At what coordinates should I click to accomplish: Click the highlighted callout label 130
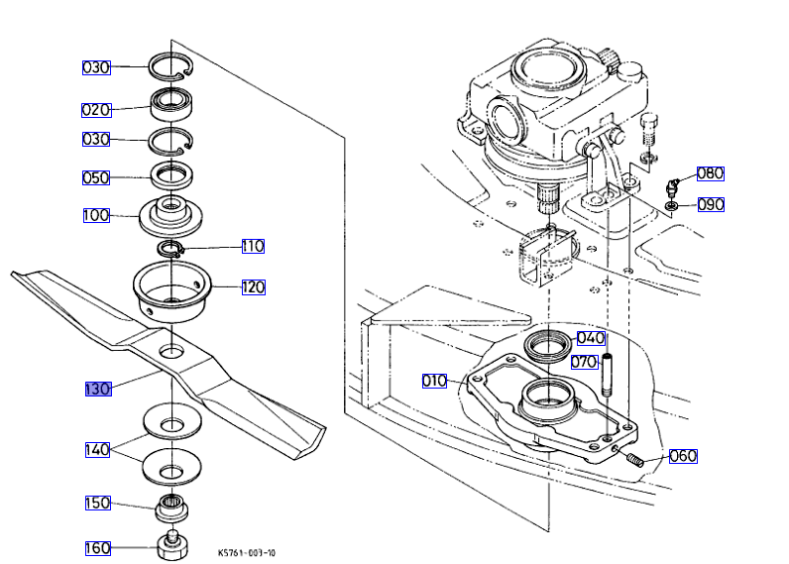coord(98,389)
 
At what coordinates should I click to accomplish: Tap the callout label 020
coord(96,110)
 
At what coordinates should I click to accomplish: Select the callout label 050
coord(96,177)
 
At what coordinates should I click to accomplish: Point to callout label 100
coord(96,215)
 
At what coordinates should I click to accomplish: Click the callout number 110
coord(253,246)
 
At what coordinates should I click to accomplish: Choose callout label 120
coord(253,287)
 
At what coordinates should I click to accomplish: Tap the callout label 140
coord(97,450)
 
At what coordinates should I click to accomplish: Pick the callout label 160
coord(97,548)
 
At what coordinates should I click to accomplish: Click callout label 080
coord(711,173)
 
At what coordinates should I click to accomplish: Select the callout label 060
coord(683,456)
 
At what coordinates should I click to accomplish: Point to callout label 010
coord(434,381)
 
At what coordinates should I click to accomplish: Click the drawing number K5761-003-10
coord(247,553)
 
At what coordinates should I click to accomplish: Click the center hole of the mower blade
coord(171,351)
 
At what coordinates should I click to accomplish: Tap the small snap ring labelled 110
coord(170,249)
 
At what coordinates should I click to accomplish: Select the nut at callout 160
coord(172,545)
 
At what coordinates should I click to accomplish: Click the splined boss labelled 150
coord(171,508)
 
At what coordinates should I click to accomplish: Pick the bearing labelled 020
coord(171,105)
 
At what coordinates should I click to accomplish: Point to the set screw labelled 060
coord(635,459)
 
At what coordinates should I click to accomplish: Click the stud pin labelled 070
coord(608,376)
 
